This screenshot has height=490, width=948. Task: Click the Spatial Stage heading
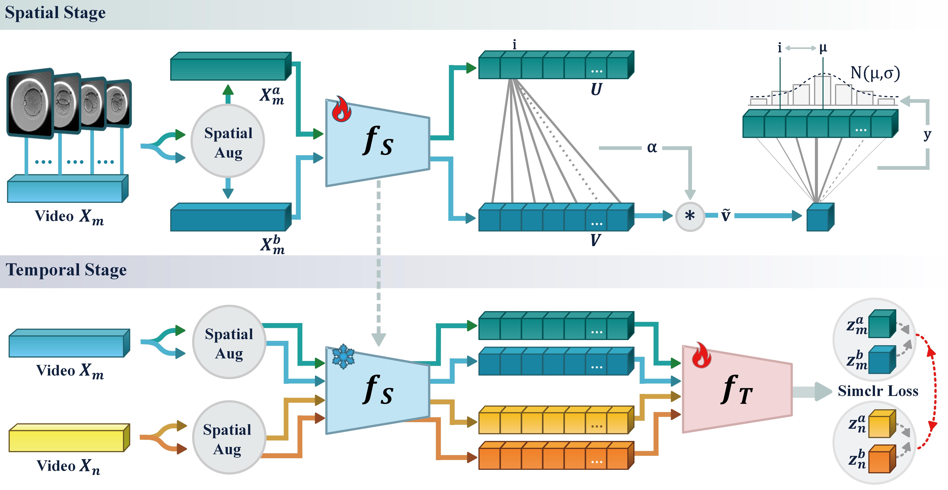[55, 13]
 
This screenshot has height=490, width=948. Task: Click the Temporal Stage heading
[66, 270]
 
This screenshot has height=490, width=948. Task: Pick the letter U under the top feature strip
[596, 89]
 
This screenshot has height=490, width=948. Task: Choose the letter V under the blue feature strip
[595, 240]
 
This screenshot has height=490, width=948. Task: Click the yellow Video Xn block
[69, 438]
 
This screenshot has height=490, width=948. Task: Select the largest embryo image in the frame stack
[30, 103]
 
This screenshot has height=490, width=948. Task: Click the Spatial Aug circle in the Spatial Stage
[228, 141]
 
